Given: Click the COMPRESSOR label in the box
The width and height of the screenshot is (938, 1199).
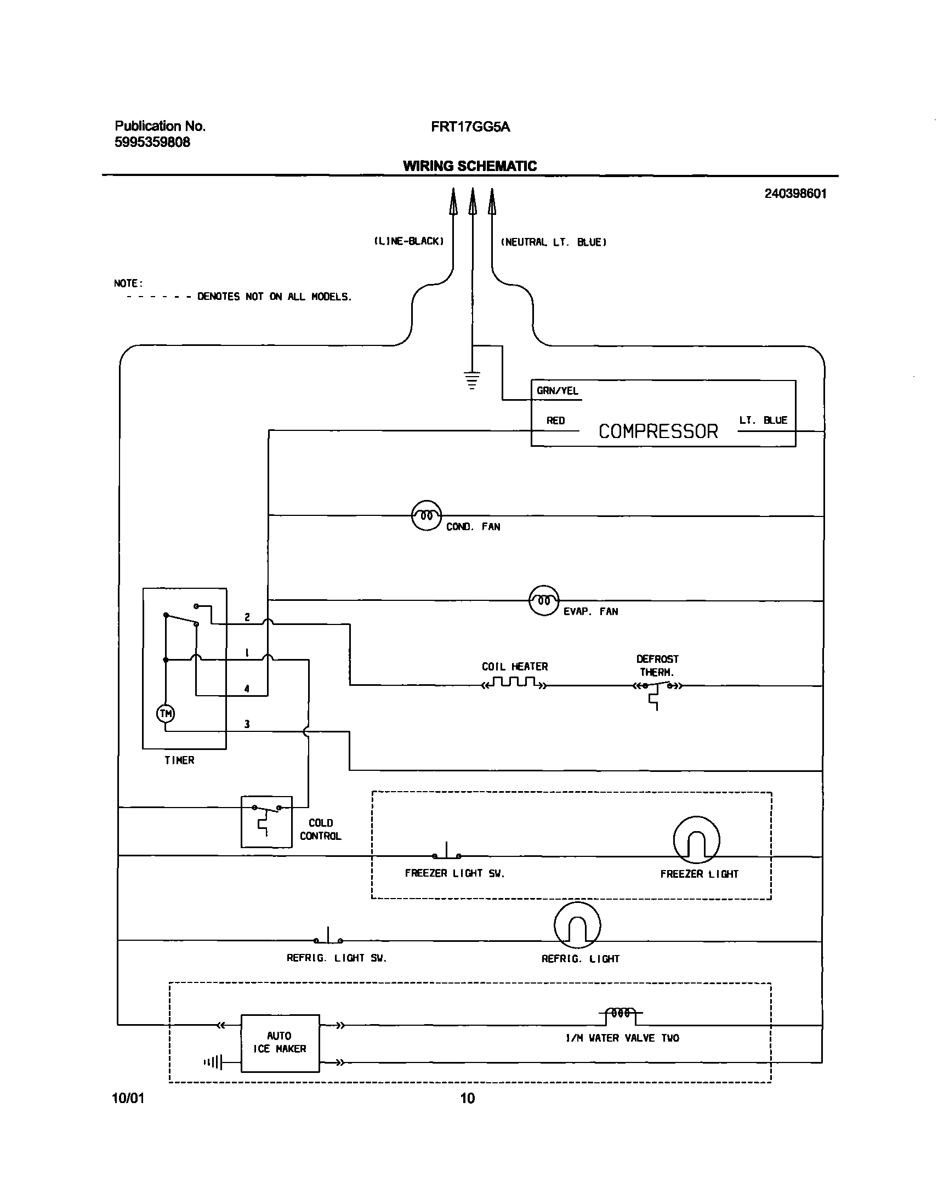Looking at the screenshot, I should [658, 431].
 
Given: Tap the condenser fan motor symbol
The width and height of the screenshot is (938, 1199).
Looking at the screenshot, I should [426, 515].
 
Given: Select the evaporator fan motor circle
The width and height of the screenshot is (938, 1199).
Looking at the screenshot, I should [543, 600].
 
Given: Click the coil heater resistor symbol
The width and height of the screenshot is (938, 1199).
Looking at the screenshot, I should [514, 683].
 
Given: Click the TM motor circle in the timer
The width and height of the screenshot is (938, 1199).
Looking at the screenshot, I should [166, 713].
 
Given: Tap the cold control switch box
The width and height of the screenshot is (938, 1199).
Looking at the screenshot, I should [266, 822].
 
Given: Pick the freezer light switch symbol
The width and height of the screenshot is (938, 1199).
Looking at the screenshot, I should [446, 853].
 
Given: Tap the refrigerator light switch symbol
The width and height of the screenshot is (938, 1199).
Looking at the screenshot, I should [328, 938].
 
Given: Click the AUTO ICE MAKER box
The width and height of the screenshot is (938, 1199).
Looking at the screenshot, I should [280, 1042].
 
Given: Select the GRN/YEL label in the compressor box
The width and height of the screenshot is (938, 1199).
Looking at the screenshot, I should [557, 390].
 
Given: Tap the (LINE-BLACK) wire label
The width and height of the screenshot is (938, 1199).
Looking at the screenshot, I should [408, 241].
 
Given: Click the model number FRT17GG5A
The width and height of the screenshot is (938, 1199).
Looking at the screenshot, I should [470, 127].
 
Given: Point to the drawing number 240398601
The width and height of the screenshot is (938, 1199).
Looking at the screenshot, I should [795, 194].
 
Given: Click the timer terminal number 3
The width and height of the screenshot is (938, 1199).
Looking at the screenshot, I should [247, 724].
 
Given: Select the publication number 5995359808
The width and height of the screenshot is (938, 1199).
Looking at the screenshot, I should [152, 142].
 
